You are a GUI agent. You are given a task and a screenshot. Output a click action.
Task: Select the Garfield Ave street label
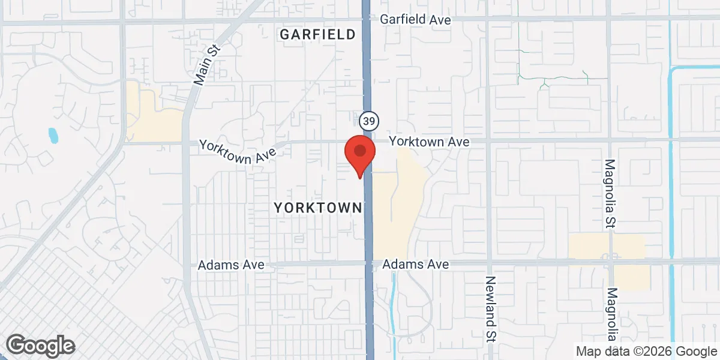[x=415, y=20]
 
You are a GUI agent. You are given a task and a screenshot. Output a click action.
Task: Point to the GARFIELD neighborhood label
[x=318, y=35]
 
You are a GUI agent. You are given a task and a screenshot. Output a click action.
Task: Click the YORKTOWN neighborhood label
[x=318, y=208]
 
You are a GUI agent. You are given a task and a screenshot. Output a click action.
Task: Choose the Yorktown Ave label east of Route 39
[x=428, y=142]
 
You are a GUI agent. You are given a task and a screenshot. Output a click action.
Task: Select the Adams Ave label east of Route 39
[x=415, y=264]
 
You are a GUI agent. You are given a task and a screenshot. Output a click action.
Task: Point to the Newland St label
[x=490, y=308]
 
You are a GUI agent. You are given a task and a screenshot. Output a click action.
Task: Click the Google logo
[x=40, y=346]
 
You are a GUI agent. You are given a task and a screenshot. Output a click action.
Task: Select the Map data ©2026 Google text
[x=646, y=351]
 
